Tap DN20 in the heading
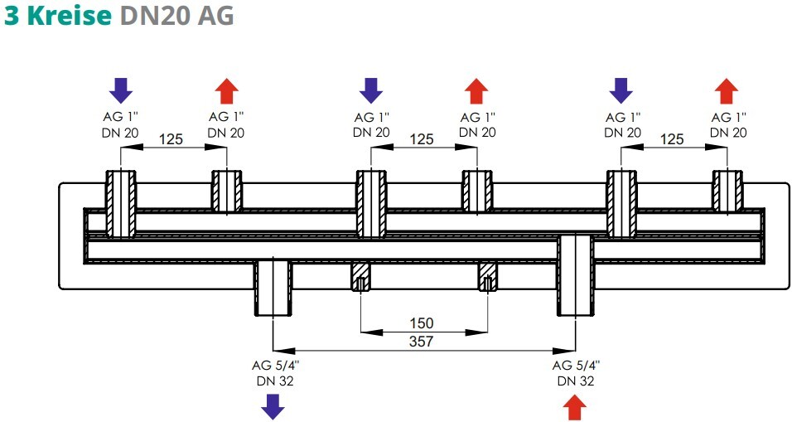pyautogui.click(x=155, y=16)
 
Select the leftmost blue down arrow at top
pyautogui.click(x=121, y=90)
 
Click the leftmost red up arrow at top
pyautogui.click(x=226, y=91)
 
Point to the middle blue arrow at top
pyautogui.click(x=371, y=90)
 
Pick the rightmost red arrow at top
pyautogui.click(x=727, y=91)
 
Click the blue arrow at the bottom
pyautogui.click(x=273, y=407)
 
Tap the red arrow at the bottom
pyautogui.click(x=575, y=407)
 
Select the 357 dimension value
pyautogui.click(x=421, y=342)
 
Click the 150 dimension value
pyautogui.click(x=421, y=323)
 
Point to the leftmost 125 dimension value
pyautogui.click(x=171, y=139)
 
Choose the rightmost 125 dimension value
pyautogui.click(x=672, y=139)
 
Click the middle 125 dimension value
pyautogui.click(x=421, y=139)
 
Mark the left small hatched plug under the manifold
pyautogui.click(x=360, y=277)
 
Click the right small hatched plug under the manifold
pyautogui.click(x=487, y=277)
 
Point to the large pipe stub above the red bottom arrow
pyautogui.click(x=575, y=275)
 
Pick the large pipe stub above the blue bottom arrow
pyautogui.click(x=273, y=287)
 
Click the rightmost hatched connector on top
pyautogui.click(x=727, y=191)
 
